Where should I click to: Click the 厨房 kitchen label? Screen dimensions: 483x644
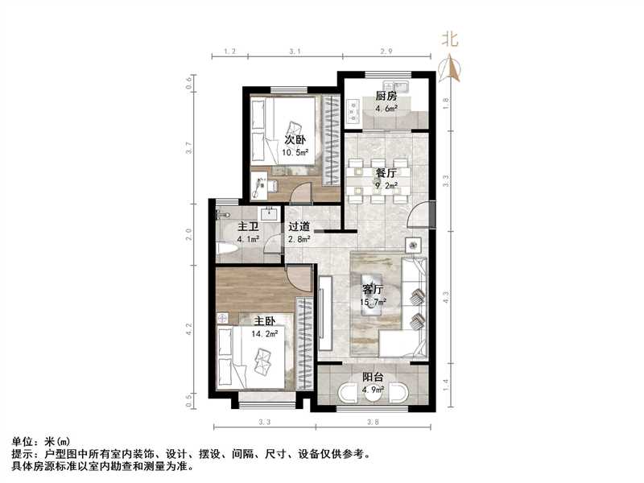pos(386,97)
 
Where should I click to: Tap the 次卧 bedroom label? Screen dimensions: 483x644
pos(295,138)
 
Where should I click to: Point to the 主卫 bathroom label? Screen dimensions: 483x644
pos(246,227)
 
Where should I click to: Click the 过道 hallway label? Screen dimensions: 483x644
pos(299,227)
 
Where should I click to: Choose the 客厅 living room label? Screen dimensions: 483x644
pos(373,289)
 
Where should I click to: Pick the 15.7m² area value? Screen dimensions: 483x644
pos(373,302)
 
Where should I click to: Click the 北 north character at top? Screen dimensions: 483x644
pos(451,39)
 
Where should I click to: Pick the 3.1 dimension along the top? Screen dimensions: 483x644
pos(295,52)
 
